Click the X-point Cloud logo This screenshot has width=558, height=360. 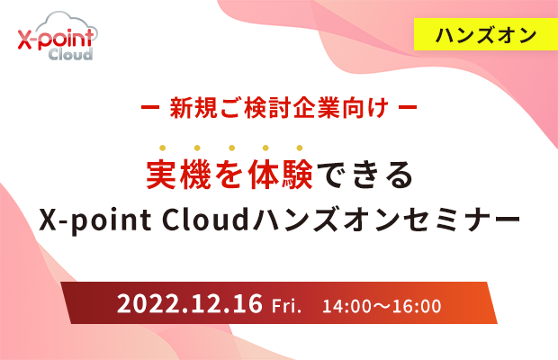[x=58, y=36]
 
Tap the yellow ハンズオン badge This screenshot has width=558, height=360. [x=486, y=34]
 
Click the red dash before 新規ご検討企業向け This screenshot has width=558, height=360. [x=150, y=107]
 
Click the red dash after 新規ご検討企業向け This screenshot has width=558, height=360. [x=408, y=107]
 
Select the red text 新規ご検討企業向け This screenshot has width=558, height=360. [x=279, y=107]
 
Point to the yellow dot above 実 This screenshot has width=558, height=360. [x=163, y=148]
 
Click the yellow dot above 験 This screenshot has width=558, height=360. [x=300, y=148]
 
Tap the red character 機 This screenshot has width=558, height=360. [x=197, y=175]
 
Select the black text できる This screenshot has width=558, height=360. [x=365, y=175]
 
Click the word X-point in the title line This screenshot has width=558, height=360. [x=95, y=220]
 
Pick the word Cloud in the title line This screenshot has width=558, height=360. [x=205, y=220]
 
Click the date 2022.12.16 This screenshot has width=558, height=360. [x=190, y=303]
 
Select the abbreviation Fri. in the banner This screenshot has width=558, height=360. [x=286, y=306]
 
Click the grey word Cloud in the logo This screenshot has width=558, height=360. [x=70, y=54]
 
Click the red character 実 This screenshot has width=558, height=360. [x=162, y=175]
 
